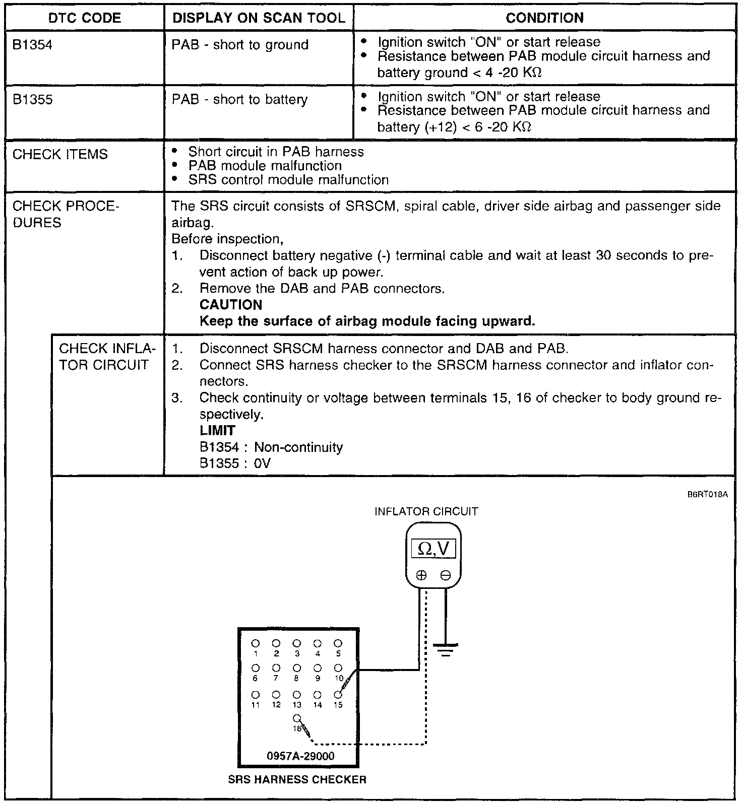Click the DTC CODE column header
coord(85,18)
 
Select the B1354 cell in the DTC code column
coord(32,45)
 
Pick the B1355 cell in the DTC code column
coord(32,99)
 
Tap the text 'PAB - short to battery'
coord(239,99)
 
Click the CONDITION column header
coord(544,18)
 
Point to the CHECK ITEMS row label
coord(60,154)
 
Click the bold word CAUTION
coord(231,305)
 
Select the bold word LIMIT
coord(217,431)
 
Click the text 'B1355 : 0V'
coord(235,463)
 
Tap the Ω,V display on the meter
coord(434,548)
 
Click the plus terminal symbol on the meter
coord(421,575)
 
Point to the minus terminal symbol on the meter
coord(445,575)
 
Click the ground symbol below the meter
coord(445,650)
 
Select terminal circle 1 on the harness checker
coord(256,643)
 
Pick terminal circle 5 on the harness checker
coord(338,643)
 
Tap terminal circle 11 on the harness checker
coord(256,695)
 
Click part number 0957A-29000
coord(300,756)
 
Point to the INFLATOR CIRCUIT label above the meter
coord(426,512)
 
